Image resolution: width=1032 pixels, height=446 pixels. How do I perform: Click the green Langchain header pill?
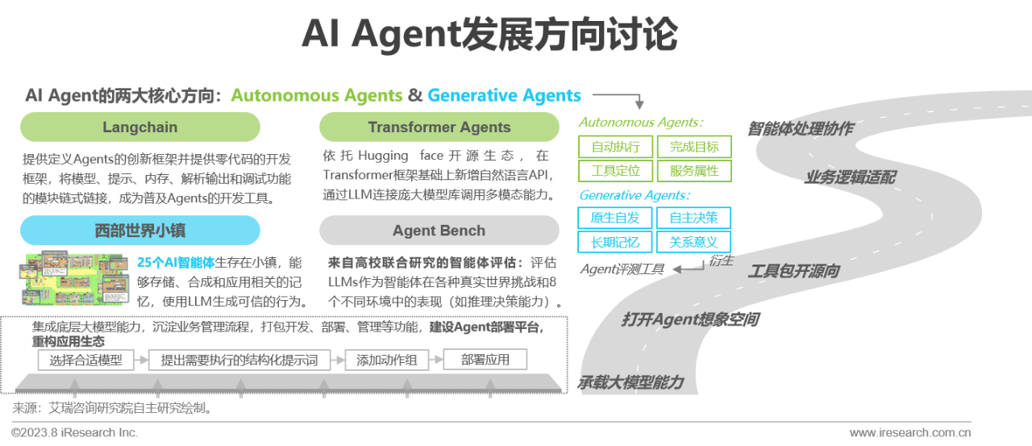point(140,127)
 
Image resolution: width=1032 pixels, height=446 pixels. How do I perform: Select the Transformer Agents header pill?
point(439,127)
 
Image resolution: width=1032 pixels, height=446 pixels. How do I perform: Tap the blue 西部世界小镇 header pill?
point(140,231)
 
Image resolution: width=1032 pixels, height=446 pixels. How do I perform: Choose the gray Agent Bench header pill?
point(439,231)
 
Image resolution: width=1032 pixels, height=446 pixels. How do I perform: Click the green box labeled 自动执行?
point(615,147)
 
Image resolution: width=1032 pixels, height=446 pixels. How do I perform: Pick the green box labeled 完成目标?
point(693,147)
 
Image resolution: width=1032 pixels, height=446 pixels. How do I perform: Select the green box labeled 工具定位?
point(615,171)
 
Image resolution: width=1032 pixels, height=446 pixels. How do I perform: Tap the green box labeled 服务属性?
point(693,171)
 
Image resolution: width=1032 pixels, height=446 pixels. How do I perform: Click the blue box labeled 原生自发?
point(615,218)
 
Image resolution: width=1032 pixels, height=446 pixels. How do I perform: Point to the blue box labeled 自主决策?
point(693,218)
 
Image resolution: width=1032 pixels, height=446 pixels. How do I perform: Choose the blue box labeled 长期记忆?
point(615,242)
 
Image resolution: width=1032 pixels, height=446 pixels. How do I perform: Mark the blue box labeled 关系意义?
point(693,242)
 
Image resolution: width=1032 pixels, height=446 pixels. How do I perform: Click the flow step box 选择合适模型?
point(86,361)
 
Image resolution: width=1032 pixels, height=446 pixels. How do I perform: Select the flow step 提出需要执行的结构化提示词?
point(239,361)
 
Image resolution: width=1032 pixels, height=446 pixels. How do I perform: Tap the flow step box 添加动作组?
point(387,361)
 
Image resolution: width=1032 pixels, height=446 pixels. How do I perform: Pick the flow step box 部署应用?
point(485,360)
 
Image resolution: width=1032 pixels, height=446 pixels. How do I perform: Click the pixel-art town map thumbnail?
point(75,278)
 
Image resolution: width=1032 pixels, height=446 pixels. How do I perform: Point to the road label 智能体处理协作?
point(800,129)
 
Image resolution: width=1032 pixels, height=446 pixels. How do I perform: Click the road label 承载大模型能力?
point(630,382)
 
